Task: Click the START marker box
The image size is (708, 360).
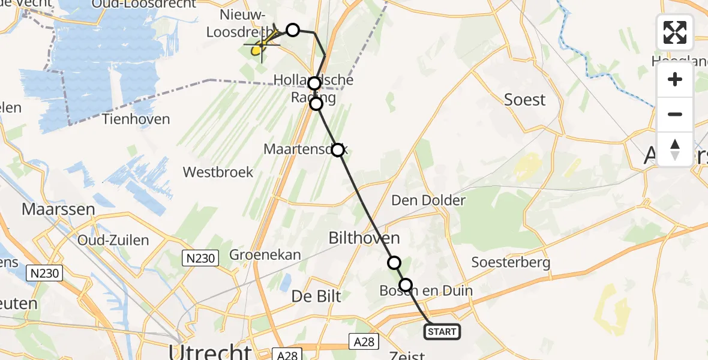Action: click(x=442, y=331)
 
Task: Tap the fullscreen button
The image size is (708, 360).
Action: click(x=675, y=32)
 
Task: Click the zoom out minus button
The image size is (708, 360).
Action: click(x=675, y=114)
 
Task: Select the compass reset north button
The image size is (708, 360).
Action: click(x=675, y=149)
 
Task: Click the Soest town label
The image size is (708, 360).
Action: click(x=525, y=100)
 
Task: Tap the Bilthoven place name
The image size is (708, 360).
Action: click(x=364, y=239)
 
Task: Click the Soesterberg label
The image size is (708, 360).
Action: click(x=511, y=262)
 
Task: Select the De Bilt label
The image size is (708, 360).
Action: click(x=316, y=296)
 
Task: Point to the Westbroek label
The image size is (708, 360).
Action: click(x=218, y=172)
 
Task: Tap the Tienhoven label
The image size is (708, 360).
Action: click(x=136, y=119)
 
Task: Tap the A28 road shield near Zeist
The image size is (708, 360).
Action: click(x=364, y=341)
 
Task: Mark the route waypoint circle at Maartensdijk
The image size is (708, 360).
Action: click(x=338, y=150)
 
